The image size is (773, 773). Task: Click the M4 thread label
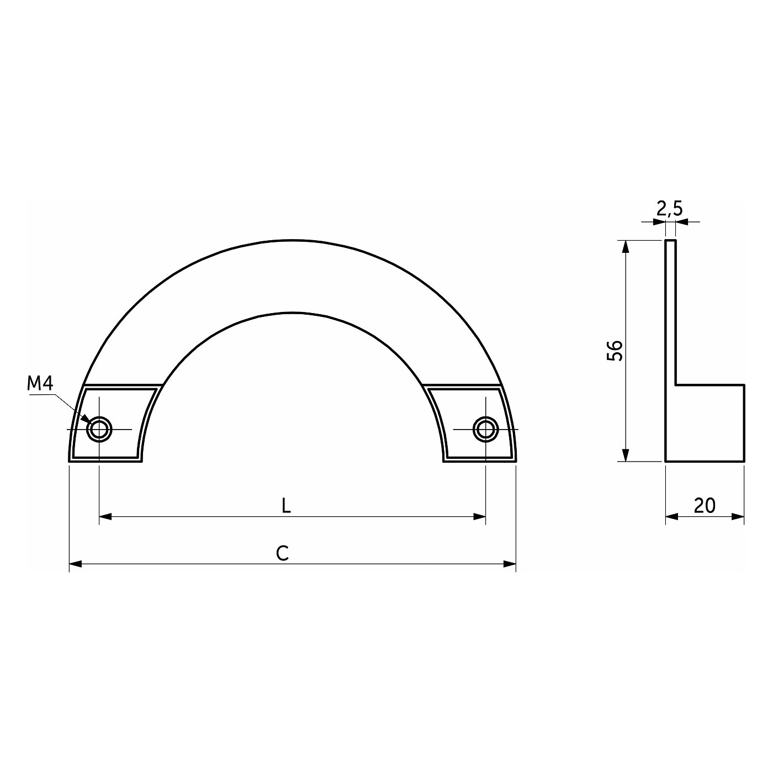40,384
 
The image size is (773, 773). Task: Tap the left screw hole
99,429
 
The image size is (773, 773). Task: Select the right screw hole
485,429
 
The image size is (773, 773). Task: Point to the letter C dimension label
283,553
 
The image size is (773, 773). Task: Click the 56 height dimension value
615,351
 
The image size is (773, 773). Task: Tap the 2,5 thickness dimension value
670,209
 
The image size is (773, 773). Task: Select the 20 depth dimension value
705,506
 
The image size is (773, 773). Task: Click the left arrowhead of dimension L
105,517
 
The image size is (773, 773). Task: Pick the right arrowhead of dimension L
479,517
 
